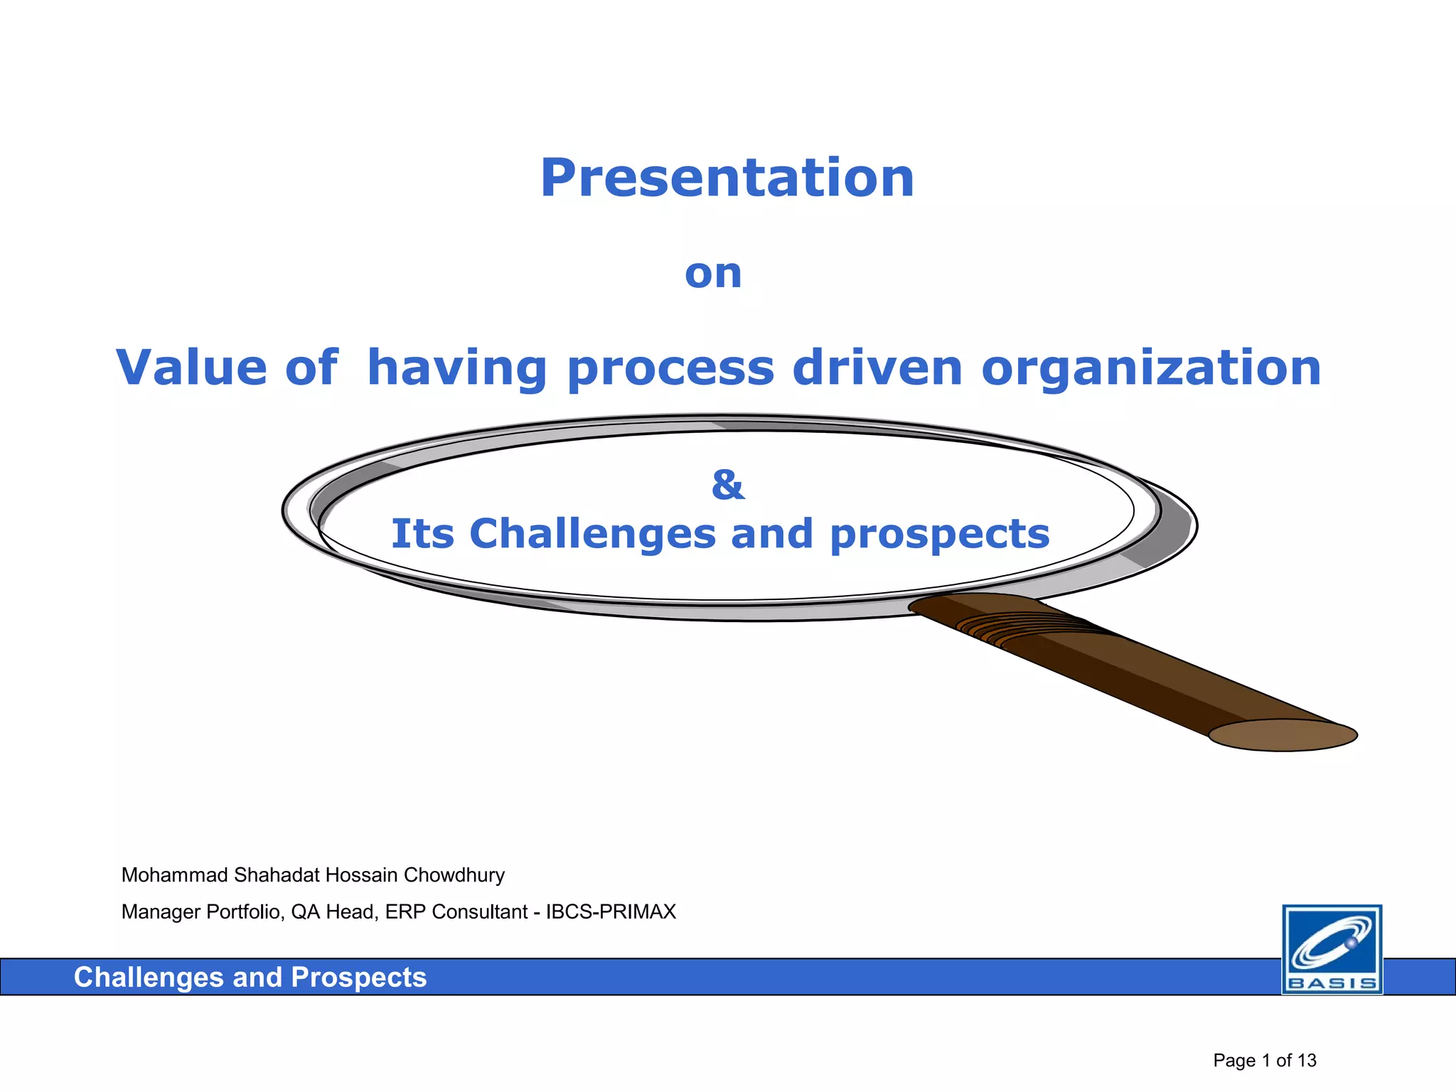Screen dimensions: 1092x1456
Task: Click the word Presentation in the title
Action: [x=727, y=178]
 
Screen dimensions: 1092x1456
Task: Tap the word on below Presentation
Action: [x=713, y=274]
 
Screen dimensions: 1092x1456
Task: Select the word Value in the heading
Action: [x=191, y=368]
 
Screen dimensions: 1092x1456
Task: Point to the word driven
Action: [x=877, y=368]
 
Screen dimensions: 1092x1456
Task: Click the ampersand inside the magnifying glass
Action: [x=728, y=485]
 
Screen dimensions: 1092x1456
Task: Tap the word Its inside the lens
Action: [x=422, y=533]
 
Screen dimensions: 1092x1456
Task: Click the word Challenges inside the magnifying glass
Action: [x=592, y=533]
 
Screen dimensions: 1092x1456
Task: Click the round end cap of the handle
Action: [x=1283, y=735]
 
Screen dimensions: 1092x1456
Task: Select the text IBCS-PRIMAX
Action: [x=611, y=912]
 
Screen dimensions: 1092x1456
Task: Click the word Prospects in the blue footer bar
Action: [x=358, y=978]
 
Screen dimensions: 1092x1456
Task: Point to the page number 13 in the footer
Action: [x=1307, y=1061]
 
